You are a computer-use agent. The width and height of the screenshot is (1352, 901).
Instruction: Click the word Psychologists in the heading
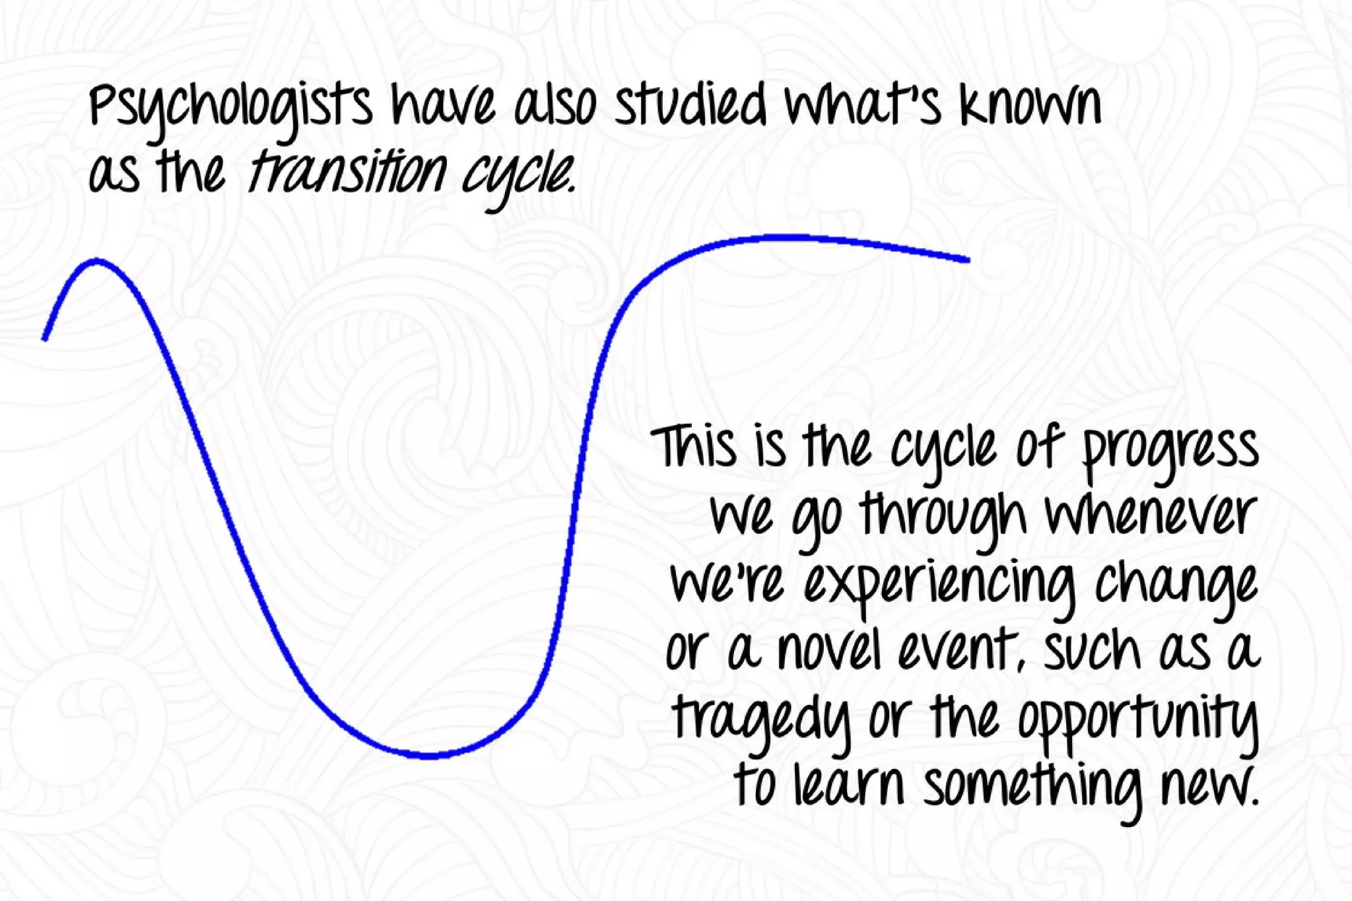coord(231,109)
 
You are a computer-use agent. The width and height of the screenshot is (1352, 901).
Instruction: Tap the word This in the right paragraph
coord(693,447)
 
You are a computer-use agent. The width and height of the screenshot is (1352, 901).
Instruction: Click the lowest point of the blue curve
coord(429,756)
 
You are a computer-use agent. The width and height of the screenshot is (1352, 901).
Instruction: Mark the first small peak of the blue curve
coord(97,261)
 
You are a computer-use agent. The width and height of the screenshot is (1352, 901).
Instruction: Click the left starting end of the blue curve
coord(44,339)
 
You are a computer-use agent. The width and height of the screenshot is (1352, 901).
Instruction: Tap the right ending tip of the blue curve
coord(968,260)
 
